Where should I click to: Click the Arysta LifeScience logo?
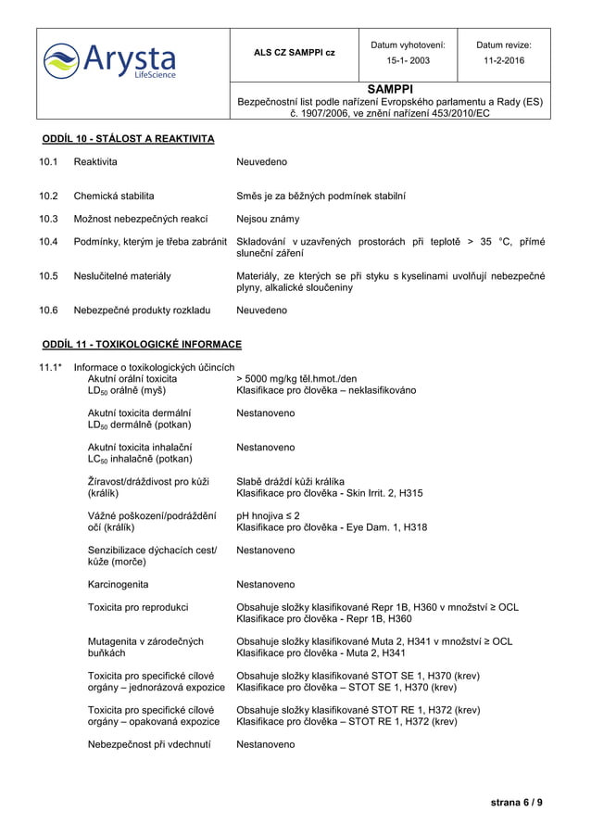coord(109,60)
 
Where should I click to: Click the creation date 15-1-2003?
coord(408,60)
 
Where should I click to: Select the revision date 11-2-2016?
coord(504,60)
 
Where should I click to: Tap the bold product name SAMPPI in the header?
coord(389,89)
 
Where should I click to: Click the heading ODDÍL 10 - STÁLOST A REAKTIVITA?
coord(128,139)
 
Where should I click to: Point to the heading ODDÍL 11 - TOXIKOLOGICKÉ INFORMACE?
coord(142,345)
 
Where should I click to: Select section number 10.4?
coord(48,242)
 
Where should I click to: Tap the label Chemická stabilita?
coord(114,196)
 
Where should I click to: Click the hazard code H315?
coord(409,493)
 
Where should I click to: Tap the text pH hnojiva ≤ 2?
coord(268,515)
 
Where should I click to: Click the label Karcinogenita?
coord(118,585)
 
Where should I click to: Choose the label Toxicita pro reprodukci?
coord(138,607)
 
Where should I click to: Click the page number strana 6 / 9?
coord(517,803)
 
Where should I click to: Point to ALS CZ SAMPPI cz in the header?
coord(295,52)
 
